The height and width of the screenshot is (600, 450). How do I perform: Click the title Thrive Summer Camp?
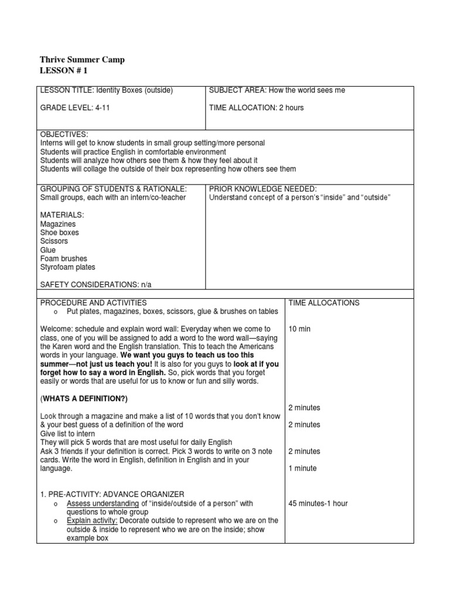82,60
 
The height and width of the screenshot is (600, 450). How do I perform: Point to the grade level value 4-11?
105,108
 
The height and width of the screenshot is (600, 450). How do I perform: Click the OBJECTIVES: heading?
64,135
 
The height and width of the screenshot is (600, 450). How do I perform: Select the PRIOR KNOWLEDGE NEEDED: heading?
262,189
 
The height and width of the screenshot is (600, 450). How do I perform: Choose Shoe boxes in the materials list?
59,233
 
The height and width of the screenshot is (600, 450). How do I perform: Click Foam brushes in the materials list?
63,258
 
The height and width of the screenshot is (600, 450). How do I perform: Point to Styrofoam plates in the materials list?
67,267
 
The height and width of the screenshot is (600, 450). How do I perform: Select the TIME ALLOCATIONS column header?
323,303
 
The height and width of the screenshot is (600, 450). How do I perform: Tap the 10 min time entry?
299,329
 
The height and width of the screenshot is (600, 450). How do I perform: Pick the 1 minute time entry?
302,468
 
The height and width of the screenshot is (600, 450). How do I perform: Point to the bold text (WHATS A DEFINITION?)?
84,398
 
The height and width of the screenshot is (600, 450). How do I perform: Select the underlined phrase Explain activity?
92,520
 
